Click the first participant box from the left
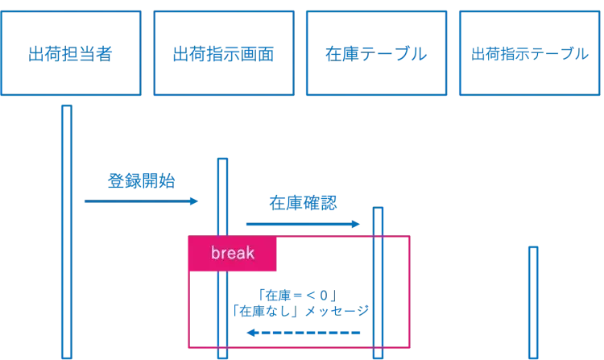click(x=72, y=52)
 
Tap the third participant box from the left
click(x=377, y=52)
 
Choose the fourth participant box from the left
click(x=530, y=52)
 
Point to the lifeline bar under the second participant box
click(x=222, y=258)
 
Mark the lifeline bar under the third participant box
click(x=377, y=282)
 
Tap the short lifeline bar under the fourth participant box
click(x=532, y=302)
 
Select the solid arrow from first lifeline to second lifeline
click(x=141, y=202)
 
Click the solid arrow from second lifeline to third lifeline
click(x=302, y=224)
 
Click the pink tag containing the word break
click(x=233, y=254)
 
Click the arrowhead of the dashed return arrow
click(x=250, y=332)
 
